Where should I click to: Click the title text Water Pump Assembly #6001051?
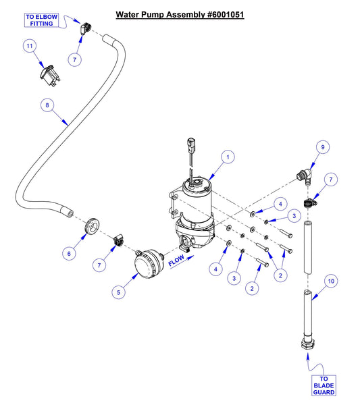click(x=179, y=13)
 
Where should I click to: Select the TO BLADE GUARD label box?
click(x=324, y=385)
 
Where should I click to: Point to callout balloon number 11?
click(x=29, y=46)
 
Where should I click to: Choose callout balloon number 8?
click(x=47, y=105)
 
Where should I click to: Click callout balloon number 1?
click(x=228, y=157)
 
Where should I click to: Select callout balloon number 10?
click(x=331, y=280)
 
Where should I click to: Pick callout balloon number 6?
click(x=68, y=253)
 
